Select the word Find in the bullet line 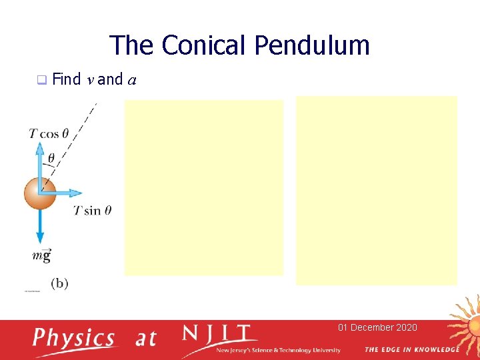[66, 80]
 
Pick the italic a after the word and [132, 81]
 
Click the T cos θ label [49, 133]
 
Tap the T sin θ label [92, 211]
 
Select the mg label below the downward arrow [41, 255]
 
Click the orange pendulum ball [40, 193]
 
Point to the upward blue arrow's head [40, 147]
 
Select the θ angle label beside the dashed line [51, 159]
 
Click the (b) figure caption [59, 283]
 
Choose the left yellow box [203, 187]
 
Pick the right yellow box [377, 190]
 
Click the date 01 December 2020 [377, 327]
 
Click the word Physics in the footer [74, 338]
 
